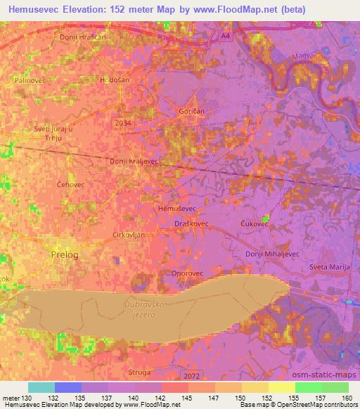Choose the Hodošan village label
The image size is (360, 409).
115,80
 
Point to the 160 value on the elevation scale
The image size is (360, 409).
346,398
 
